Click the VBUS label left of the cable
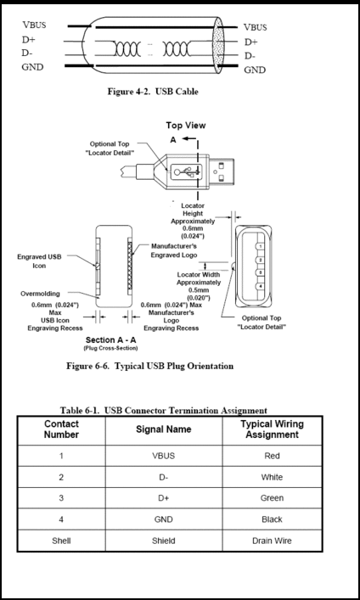(34, 25)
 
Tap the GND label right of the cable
(255, 70)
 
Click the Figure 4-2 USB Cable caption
(153, 92)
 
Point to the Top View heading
(186, 125)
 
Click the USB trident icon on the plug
(187, 171)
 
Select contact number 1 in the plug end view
(261, 246)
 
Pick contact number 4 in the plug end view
(261, 286)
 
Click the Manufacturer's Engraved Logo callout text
(174, 250)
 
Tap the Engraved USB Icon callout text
(39, 261)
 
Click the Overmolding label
(40, 294)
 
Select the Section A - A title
(110, 339)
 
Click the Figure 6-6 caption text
(149, 367)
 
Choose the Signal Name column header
(164, 429)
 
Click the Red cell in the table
(272, 456)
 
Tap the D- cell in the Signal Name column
(164, 477)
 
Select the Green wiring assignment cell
(272, 498)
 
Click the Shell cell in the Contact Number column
(61, 541)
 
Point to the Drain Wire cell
(272, 541)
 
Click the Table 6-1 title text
(164, 411)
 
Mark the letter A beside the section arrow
(173, 140)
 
